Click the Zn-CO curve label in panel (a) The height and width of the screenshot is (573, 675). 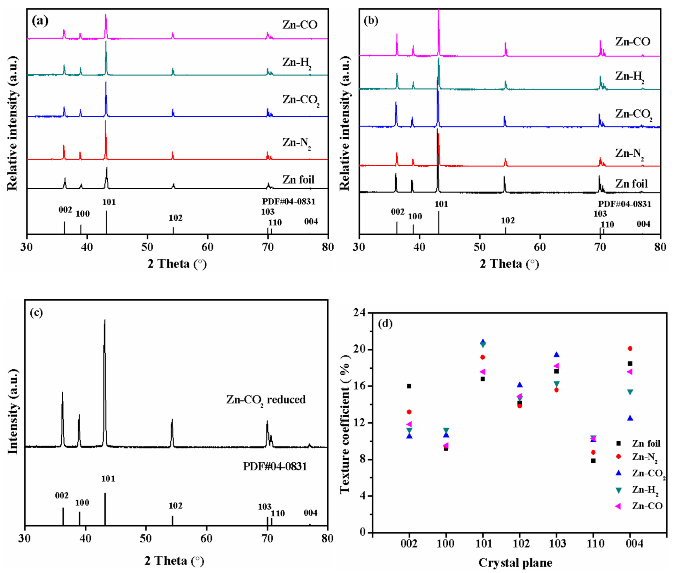(x=299, y=25)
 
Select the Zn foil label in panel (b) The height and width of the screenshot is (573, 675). (x=631, y=184)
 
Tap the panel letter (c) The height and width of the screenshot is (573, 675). (x=36, y=312)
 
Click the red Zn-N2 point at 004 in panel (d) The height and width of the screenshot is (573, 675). (x=630, y=349)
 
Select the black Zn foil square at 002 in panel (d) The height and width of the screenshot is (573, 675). (x=409, y=386)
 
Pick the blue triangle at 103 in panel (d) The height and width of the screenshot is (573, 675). (x=556, y=355)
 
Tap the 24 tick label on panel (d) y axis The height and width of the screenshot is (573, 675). (x=359, y=313)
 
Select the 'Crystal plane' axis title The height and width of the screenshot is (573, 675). (x=515, y=562)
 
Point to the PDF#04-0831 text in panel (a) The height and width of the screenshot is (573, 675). (x=289, y=201)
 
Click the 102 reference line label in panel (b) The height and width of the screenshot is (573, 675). (x=508, y=221)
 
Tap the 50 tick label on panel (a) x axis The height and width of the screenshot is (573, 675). (x=147, y=247)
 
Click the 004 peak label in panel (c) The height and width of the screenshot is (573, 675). (x=310, y=513)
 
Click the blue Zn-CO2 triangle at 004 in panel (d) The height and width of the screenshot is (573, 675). (x=630, y=418)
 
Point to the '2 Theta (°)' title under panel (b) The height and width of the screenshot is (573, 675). (x=509, y=264)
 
